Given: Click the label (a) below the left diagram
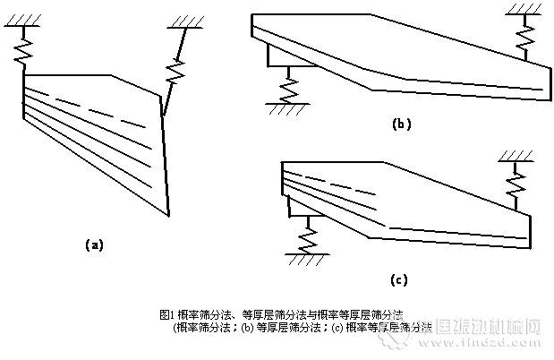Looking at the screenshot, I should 94,244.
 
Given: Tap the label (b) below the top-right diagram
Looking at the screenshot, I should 401,124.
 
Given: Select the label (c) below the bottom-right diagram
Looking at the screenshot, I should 399,279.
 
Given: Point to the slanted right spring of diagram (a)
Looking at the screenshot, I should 175,73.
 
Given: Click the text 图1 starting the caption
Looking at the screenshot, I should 165,314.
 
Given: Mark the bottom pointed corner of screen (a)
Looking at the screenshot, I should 168,214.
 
